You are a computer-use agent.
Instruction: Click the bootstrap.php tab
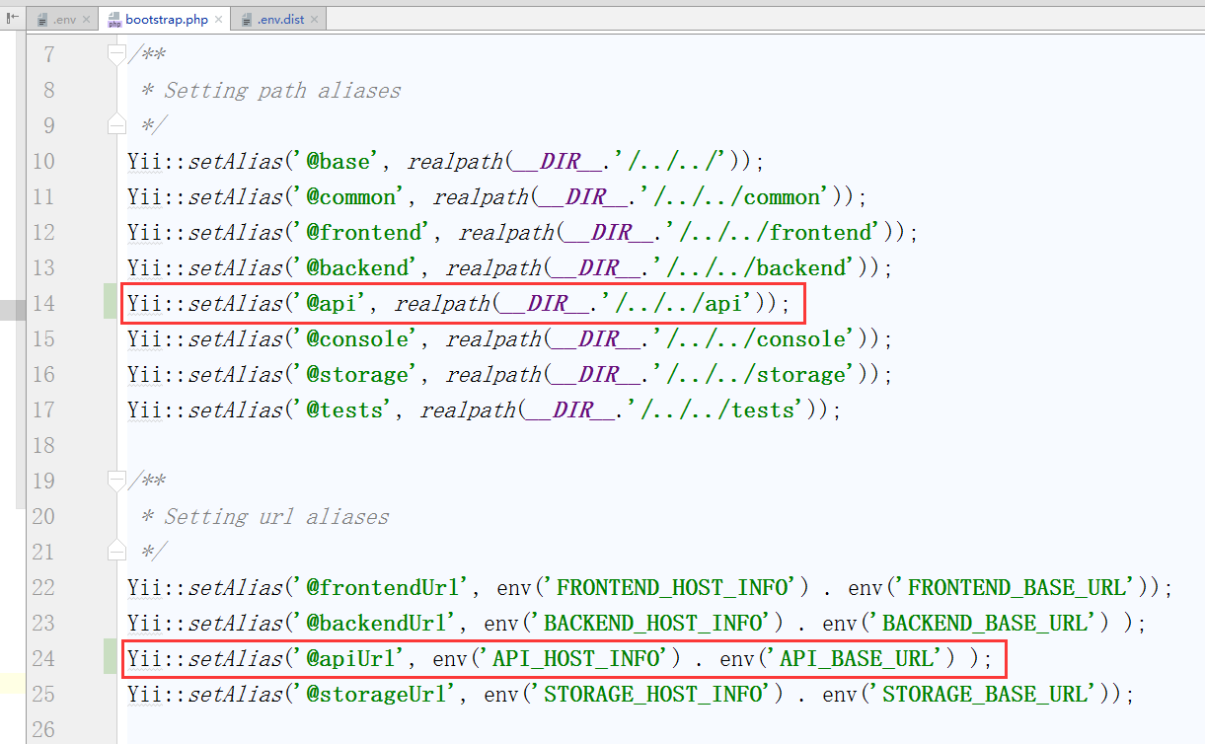click(167, 19)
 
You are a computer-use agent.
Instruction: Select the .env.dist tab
click(280, 19)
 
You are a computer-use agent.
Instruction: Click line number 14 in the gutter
click(43, 303)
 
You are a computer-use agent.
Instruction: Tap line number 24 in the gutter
click(43, 658)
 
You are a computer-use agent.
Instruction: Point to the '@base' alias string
click(338, 161)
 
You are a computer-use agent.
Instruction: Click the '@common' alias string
click(350, 196)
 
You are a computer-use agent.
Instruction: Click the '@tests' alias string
click(344, 409)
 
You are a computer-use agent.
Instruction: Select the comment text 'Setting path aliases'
click(282, 90)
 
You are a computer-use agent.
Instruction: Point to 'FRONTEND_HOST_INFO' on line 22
click(675, 587)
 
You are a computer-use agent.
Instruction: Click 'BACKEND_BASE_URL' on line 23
click(987, 623)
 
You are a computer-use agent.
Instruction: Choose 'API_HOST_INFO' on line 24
click(580, 658)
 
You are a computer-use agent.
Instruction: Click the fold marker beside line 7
click(116, 54)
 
